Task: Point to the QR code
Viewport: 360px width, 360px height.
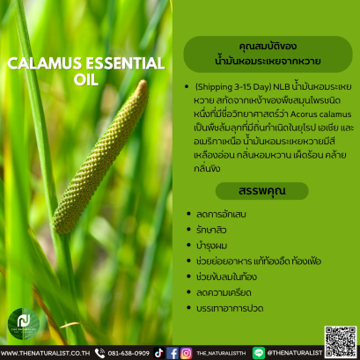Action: click(340, 339)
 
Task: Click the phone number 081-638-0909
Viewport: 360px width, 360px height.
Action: click(129, 352)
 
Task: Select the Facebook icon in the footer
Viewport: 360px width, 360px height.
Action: click(173, 352)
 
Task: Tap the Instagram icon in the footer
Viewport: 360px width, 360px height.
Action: click(185, 352)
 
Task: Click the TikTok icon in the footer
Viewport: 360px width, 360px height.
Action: click(159, 352)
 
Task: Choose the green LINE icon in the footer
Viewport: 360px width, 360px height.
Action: click(258, 352)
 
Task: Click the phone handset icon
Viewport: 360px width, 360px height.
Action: click(99, 352)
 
